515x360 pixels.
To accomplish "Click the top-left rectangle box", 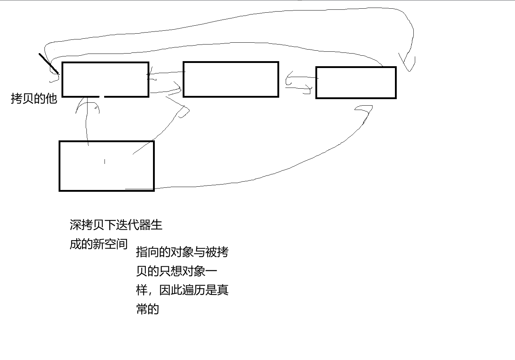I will tap(105, 80).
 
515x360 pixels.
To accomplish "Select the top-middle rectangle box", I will tap(231, 80).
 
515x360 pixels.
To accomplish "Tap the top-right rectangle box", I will tap(356, 82).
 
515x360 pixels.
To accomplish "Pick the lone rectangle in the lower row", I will tap(106, 166).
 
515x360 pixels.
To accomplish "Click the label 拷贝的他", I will tap(34, 98).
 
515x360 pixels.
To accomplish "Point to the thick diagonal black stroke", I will tap(48, 63).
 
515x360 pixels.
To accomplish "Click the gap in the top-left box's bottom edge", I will tap(102, 97).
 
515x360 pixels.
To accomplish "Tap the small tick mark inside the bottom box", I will tap(105, 161).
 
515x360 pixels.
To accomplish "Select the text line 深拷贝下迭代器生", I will tap(116, 225).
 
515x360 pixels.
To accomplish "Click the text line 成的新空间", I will tap(98, 244).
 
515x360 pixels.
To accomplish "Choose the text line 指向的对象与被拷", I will tap(182, 252).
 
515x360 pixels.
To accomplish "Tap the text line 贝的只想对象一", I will tap(176, 271).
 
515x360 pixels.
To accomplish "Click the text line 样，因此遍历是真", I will tap(182, 290).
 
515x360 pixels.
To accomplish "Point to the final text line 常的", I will tap(148, 309).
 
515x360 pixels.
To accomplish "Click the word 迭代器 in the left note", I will tap(133, 225).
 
